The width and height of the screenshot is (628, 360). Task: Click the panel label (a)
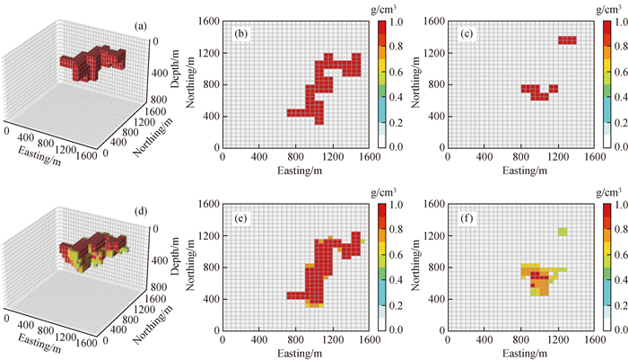tap(139, 26)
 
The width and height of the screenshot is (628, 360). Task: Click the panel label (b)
tap(240, 34)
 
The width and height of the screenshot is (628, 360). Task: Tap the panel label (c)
tap(467, 34)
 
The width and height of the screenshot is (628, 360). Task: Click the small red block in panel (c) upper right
tap(567, 40)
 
